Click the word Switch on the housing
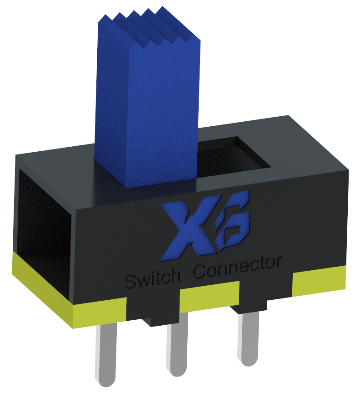pos(150,278)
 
